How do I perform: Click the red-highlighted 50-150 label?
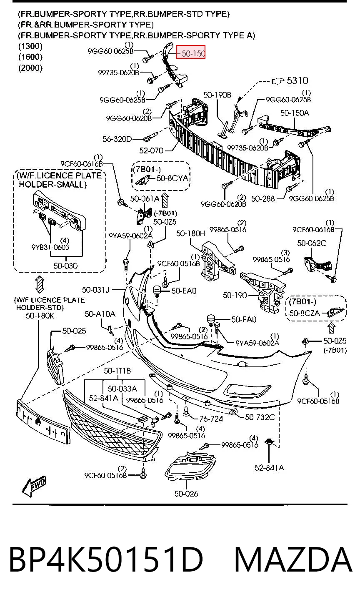click(x=191, y=52)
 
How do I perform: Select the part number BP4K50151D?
click(x=106, y=560)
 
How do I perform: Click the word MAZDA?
click(x=293, y=560)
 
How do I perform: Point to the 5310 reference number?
click(x=297, y=80)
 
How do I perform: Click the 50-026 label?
click(x=186, y=494)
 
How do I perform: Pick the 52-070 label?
click(x=151, y=150)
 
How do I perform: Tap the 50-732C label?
click(x=260, y=417)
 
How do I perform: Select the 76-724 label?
click(x=211, y=419)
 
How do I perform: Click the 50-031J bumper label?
click(x=95, y=290)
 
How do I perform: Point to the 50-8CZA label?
click(x=305, y=313)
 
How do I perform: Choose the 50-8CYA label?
click(x=172, y=178)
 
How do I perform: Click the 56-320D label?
click(x=117, y=139)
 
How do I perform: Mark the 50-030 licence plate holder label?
click(x=65, y=266)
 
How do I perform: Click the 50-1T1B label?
click(x=117, y=371)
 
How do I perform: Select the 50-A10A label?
click(x=100, y=314)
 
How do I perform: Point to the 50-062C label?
click(x=312, y=243)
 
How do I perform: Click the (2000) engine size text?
click(x=30, y=68)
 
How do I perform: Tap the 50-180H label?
click(x=190, y=233)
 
